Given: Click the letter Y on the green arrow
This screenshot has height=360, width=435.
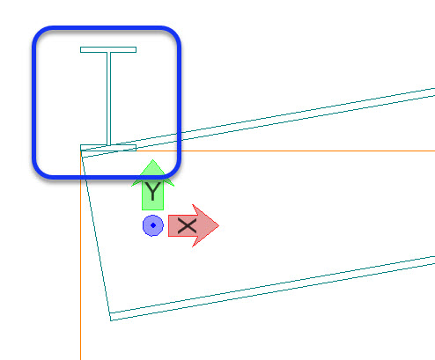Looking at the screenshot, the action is [x=153, y=191].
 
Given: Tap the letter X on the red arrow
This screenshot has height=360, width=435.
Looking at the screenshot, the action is [x=187, y=226].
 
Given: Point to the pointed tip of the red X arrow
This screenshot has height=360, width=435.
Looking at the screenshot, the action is [x=219, y=225].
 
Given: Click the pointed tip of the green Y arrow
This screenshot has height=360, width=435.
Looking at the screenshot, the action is [x=152, y=160].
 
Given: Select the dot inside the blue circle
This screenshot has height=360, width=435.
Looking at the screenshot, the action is [x=153, y=225].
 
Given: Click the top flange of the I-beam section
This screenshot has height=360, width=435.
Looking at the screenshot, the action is [x=108, y=49].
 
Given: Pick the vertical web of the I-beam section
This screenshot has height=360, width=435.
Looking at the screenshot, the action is [x=108, y=99].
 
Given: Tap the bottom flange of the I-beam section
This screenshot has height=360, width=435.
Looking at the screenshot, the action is [x=108, y=148].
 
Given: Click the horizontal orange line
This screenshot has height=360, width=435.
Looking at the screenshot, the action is [x=258, y=151].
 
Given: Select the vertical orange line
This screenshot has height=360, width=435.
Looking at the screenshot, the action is [x=81, y=255].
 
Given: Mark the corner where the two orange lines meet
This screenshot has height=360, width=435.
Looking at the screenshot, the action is [x=81, y=151].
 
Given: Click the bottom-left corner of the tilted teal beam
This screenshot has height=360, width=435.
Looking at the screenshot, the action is [x=111, y=320].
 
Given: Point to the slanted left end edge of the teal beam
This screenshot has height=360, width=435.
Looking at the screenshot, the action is [x=96, y=235].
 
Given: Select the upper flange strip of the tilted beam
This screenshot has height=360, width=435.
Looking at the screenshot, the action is [x=258, y=122].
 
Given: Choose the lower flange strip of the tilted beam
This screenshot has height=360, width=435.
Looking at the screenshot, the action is [x=272, y=289].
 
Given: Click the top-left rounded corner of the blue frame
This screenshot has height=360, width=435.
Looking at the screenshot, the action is [x=41, y=34].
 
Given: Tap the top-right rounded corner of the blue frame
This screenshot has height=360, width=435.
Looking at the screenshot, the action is [x=173, y=34].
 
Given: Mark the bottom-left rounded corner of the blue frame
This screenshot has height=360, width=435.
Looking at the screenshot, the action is [x=41, y=171].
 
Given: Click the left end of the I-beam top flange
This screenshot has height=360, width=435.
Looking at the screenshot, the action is [x=81, y=49].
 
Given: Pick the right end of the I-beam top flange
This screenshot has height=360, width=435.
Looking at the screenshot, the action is [x=136, y=49].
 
